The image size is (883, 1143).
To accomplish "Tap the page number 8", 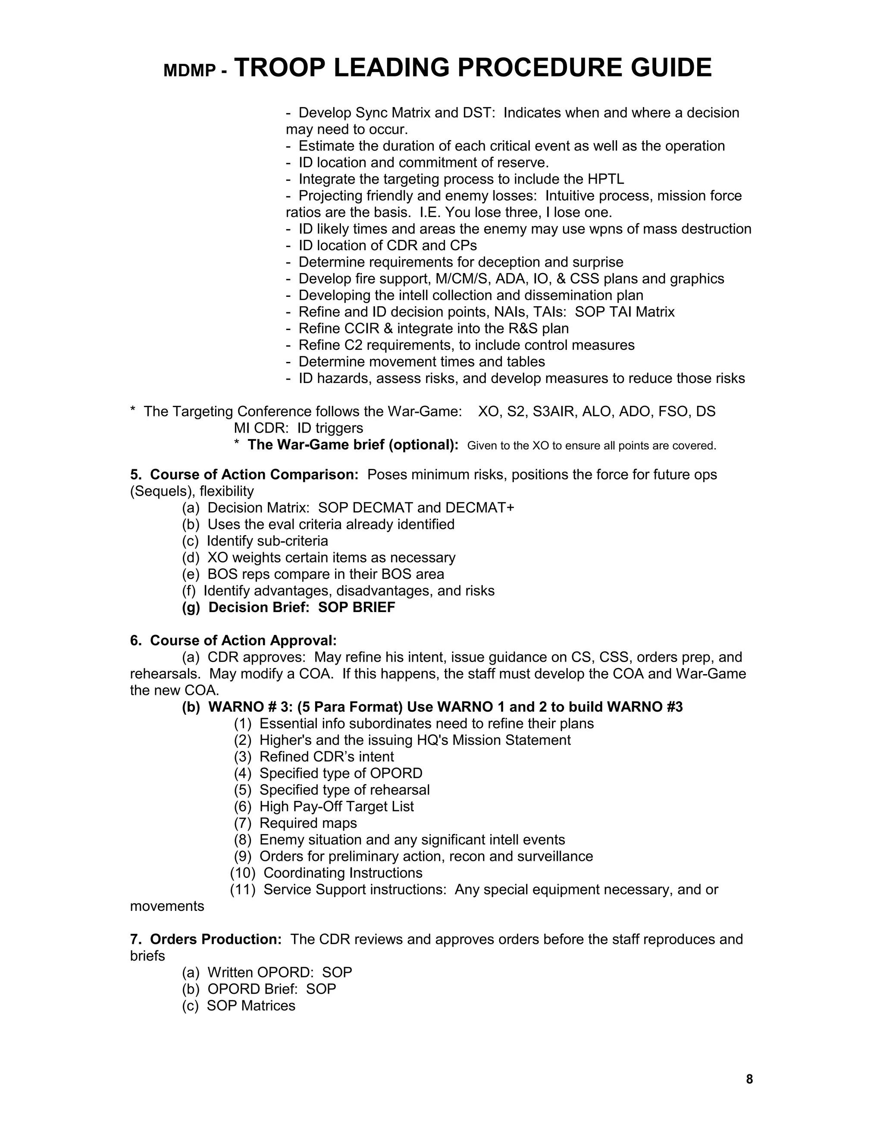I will [749, 1079].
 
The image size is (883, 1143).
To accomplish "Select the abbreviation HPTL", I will [606, 179].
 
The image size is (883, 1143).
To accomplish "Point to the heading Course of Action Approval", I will [243, 641].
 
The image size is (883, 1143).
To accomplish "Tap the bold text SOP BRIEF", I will [356, 608].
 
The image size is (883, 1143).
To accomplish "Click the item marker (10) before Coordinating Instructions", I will [243, 873].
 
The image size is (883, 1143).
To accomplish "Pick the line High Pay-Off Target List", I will [336, 807].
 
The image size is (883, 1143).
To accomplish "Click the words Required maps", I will [308, 823].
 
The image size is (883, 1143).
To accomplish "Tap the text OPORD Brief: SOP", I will [272, 989].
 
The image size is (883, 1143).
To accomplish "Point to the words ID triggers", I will [330, 428].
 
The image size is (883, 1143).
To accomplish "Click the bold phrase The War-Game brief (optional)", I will [353, 445].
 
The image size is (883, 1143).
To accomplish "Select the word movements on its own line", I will [167, 906].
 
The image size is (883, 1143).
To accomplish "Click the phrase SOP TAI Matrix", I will [625, 312].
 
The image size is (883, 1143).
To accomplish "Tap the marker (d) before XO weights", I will [191, 557].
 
